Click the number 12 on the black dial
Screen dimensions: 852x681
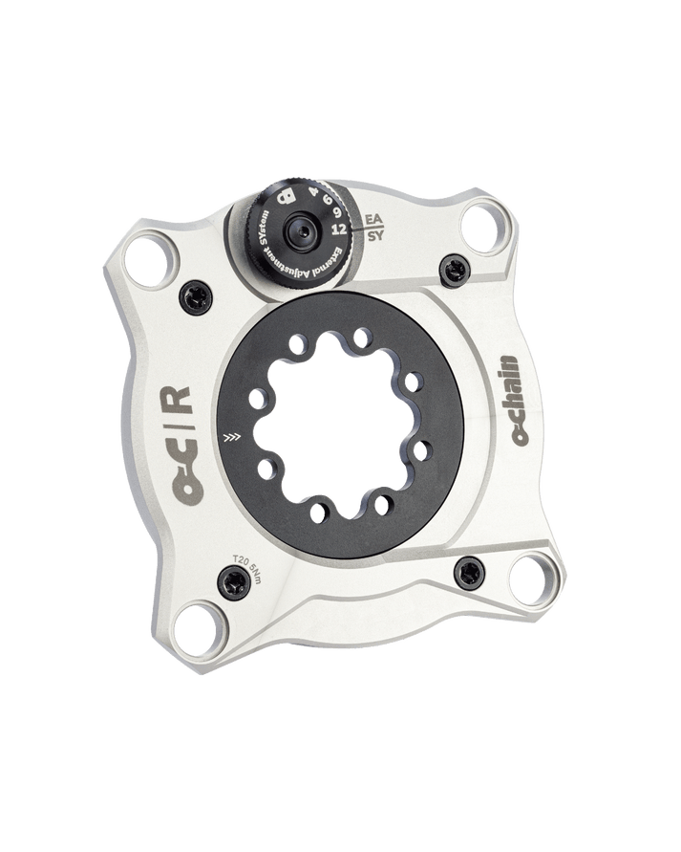pos(336,229)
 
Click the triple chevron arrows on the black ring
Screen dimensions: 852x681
pos(229,439)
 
